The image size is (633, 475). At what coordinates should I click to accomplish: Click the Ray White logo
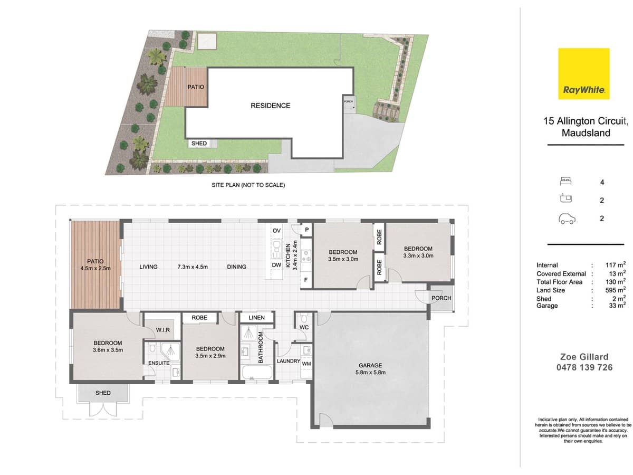pos(584,73)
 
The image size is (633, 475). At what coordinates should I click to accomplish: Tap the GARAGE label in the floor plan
pos(370,365)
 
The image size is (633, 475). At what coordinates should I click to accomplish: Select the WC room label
pos(304,328)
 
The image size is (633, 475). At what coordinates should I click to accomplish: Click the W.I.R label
pos(162,330)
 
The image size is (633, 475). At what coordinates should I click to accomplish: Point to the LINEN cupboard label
pos(256,318)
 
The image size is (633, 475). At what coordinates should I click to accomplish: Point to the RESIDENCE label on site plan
pos(270,106)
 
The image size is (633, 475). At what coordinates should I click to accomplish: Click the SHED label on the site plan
pos(199,144)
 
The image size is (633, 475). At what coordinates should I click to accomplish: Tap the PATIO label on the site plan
pos(196,87)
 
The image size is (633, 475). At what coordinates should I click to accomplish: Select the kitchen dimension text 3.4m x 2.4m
pos(296,255)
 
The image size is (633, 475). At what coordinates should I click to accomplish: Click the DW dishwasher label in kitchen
pos(276,265)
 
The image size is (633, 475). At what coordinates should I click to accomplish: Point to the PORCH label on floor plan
pos(441,298)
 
